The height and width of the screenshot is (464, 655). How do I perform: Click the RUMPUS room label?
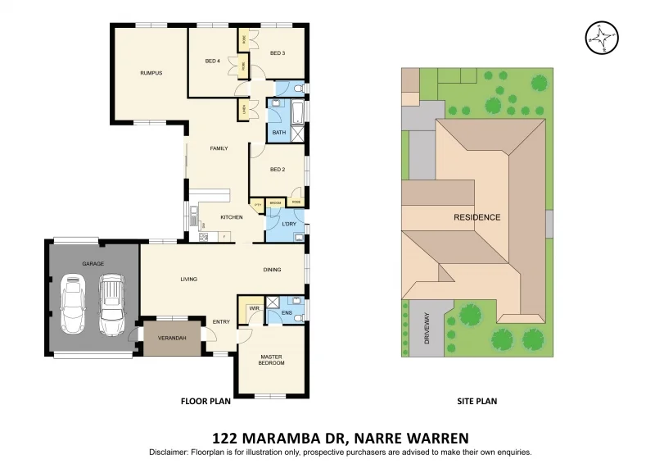point(151,73)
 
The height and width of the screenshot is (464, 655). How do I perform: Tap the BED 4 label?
point(212,61)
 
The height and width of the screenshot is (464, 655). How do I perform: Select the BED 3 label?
point(278,53)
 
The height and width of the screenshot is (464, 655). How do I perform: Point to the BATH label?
point(278,132)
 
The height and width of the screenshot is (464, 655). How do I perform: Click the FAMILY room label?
point(219,148)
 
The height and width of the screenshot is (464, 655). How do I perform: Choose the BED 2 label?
point(278,170)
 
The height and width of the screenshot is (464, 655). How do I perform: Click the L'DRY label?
point(288,224)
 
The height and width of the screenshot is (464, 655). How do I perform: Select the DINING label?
point(273,270)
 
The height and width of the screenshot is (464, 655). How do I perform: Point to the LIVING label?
point(189,280)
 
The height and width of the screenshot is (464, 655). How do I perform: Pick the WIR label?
point(254,309)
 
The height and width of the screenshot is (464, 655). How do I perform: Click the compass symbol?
point(602,37)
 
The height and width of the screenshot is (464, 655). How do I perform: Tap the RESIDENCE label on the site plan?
point(477,217)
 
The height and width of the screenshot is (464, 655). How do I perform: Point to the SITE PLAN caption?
point(477,402)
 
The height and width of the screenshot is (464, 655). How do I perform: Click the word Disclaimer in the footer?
point(168,453)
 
